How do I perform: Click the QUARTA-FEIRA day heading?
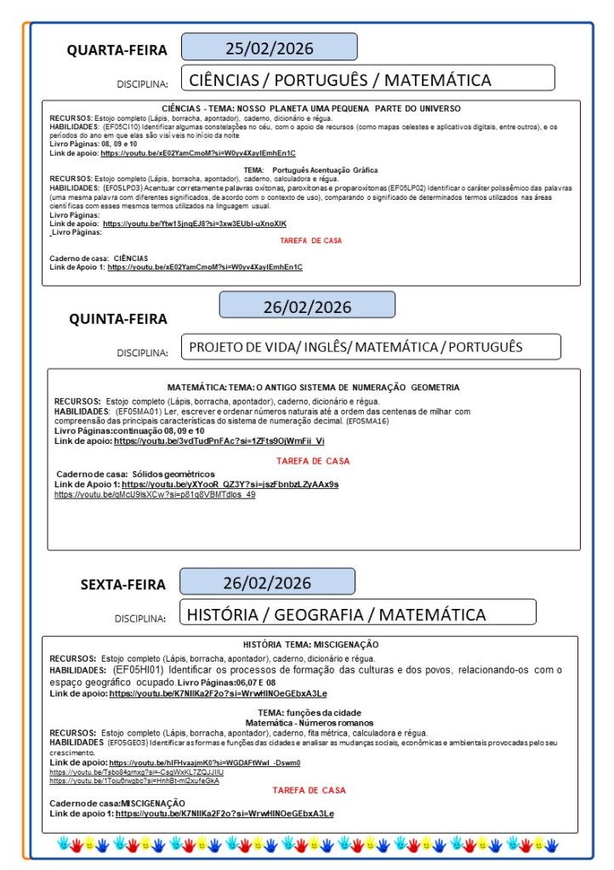(117, 50)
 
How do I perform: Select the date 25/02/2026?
(269, 47)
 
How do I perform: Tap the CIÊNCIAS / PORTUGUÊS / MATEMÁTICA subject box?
(367, 80)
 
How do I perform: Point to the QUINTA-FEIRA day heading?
(118, 319)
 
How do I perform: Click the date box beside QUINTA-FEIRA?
(307, 306)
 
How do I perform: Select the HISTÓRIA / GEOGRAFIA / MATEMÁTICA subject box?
(357, 614)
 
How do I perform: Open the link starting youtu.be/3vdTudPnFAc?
(219, 441)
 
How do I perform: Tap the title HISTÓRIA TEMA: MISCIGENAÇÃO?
(310, 645)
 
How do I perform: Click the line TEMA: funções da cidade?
(310, 712)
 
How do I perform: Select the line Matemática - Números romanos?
(310, 722)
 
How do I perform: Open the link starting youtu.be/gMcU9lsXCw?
(155, 494)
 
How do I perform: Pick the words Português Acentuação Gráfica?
(325, 170)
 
